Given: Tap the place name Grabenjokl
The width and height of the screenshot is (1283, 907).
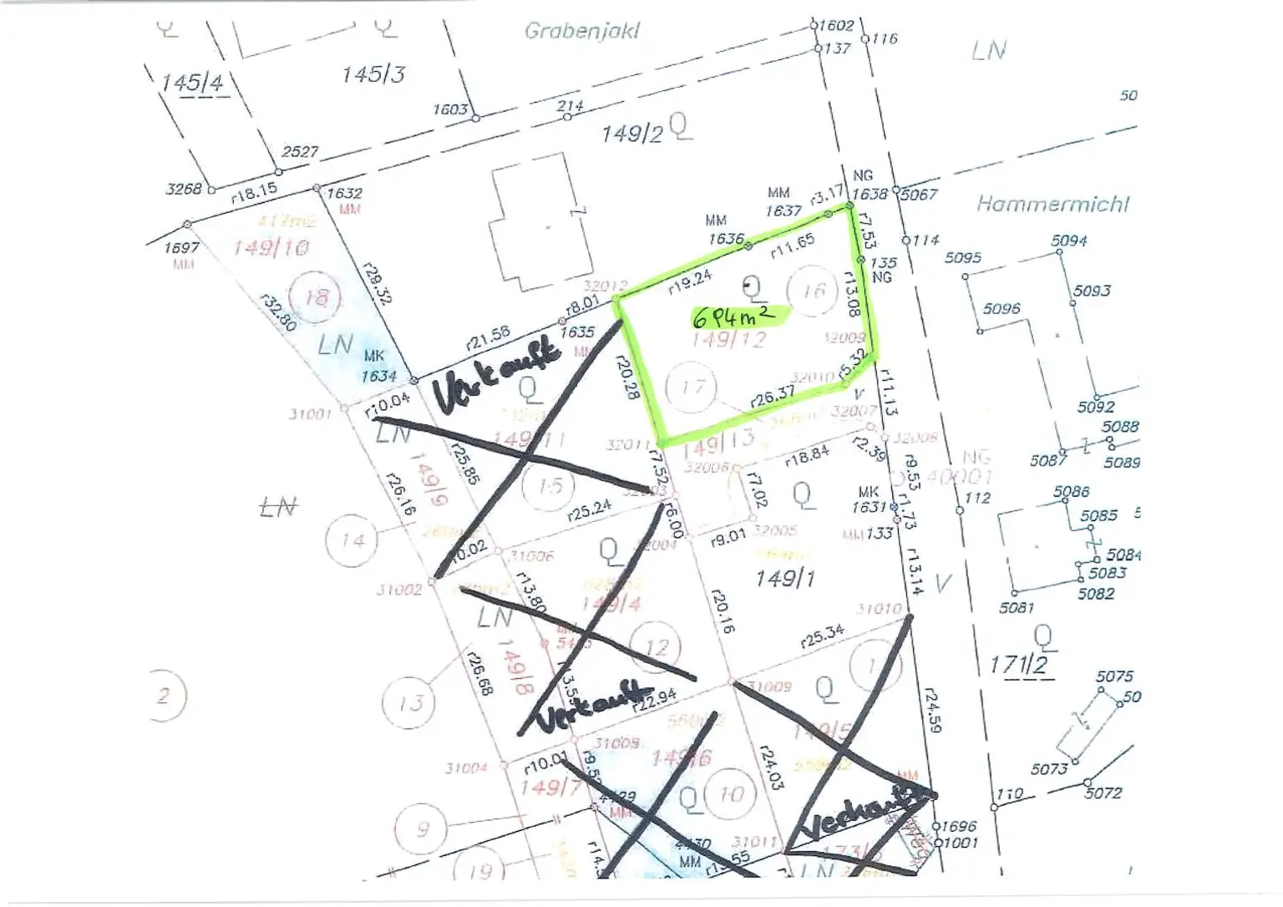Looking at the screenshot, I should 581,32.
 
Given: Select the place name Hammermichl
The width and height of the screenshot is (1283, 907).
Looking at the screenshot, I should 1052,204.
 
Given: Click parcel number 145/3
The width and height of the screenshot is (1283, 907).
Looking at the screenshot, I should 373,74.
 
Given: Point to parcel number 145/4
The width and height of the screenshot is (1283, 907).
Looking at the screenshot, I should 192,83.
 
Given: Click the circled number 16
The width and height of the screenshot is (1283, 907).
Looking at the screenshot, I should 813,291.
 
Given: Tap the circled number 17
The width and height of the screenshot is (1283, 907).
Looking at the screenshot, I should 692,388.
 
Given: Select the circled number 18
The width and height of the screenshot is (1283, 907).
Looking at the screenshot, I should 317,297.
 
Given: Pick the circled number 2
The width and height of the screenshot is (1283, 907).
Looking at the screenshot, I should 164,695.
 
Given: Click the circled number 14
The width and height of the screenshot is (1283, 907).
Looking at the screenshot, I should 352,540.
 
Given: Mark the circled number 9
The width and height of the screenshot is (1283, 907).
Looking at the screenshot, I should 423,828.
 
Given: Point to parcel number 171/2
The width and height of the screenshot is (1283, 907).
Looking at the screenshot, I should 1018,665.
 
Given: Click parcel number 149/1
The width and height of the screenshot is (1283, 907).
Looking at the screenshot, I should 784,578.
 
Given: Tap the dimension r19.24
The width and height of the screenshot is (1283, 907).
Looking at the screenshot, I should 689,282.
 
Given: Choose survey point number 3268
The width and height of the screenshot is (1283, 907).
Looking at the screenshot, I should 183,189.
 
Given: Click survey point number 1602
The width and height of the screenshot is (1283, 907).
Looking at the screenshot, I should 836,25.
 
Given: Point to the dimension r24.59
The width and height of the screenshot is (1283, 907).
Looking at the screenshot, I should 933,712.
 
